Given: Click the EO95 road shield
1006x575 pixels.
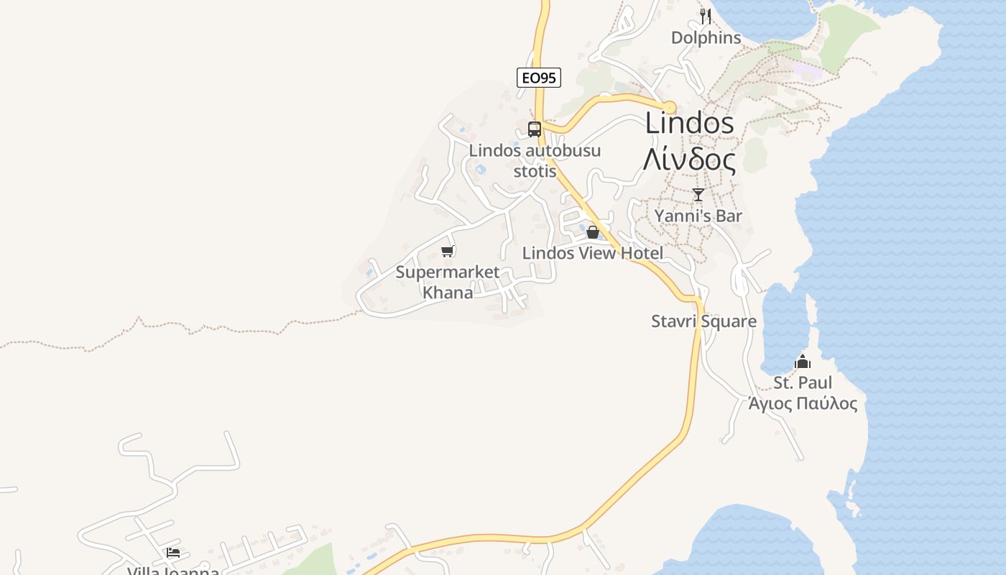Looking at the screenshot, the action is pos(538,78).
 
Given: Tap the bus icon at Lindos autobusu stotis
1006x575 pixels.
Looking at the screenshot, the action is pos(534,129).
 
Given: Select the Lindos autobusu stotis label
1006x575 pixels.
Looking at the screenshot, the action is pos(535,161).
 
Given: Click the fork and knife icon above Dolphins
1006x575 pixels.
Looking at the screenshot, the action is pos(706,16).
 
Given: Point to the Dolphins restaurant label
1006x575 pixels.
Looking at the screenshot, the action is pos(706,37).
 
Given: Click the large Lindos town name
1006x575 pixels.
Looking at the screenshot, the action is pos(689,123).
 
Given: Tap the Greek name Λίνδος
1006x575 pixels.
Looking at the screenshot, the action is pos(689,160).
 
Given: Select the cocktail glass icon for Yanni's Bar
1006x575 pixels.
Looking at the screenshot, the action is pos(698,194).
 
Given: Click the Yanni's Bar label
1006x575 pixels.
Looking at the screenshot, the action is pos(698,216).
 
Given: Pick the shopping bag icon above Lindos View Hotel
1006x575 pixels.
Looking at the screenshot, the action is pos(593,232).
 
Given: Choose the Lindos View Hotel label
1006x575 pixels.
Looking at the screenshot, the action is pos(593,253).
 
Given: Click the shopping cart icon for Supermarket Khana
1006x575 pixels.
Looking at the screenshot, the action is pos(448,251).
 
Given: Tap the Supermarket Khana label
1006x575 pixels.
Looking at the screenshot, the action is pos(448,282).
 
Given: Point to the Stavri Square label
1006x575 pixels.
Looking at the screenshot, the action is pos(703,321).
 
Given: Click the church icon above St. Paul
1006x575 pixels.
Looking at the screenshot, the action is pos(803,362).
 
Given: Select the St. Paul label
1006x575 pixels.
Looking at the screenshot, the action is pos(803,382).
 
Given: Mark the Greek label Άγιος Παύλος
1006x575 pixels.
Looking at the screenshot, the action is pos(803,403).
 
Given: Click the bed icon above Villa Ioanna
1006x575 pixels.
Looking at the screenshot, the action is pos(173,552).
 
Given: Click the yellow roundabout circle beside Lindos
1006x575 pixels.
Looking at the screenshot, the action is pos(670,108).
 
